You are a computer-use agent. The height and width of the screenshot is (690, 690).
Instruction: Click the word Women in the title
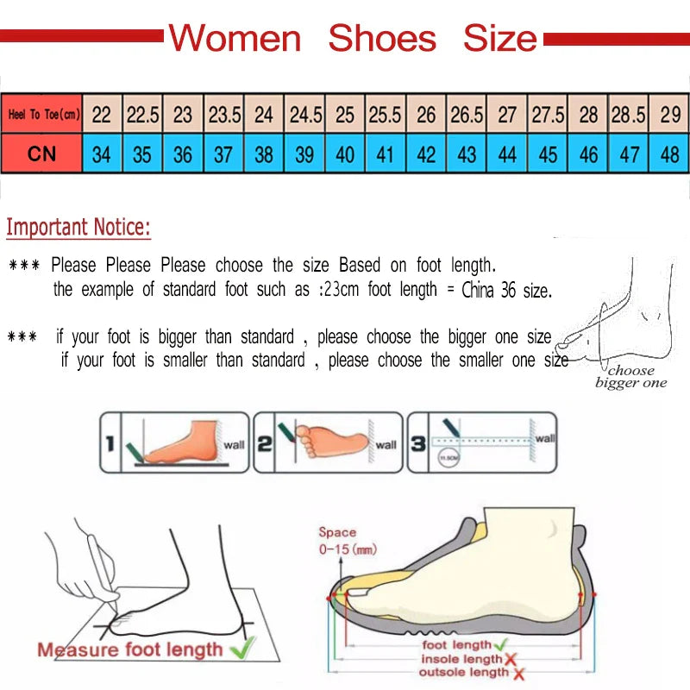click(235, 39)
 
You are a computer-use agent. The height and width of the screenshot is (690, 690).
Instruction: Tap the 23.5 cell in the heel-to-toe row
click(224, 114)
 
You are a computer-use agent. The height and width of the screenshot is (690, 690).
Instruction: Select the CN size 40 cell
click(345, 155)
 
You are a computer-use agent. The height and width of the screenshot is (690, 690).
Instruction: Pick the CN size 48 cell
click(670, 155)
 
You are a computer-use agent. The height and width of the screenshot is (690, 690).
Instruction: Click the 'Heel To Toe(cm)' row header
click(42, 114)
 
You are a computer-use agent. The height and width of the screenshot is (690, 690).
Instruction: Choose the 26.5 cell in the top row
click(467, 114)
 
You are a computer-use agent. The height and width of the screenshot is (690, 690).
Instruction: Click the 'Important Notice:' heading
click(78, 228)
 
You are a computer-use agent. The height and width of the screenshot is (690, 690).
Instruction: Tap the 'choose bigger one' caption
click(631, 377)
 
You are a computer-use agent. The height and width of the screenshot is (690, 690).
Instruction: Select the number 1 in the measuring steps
click(110, 445)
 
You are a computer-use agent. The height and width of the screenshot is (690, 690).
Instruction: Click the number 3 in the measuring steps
click(417, 445)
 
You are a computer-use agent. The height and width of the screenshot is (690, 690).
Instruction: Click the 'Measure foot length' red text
click(129, 649)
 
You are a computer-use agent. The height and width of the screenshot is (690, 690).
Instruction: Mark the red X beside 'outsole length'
click(518, 674)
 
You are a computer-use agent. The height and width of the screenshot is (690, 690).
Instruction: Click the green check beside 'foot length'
click(501, 644)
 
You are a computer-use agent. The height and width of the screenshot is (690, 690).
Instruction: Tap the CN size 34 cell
click(102, 155)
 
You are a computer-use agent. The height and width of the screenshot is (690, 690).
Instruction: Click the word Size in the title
click(500, 39)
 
